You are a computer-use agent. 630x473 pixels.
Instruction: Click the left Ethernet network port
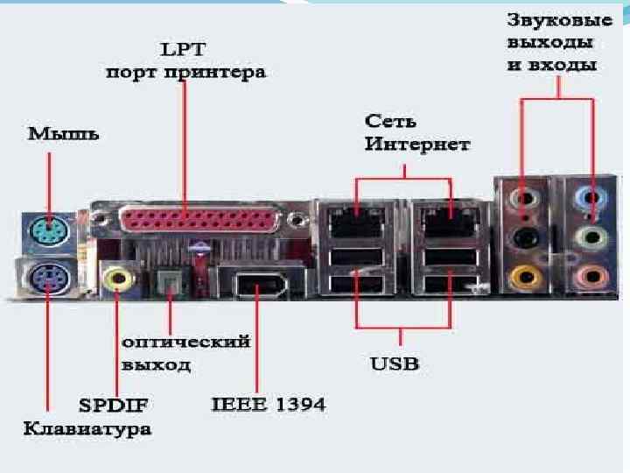[357, 218]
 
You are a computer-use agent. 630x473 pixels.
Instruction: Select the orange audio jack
[523, 279]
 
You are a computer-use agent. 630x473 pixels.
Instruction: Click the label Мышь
[63, 134]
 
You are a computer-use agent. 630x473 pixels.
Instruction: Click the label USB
[395, 363]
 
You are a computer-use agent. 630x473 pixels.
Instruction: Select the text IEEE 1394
[269, 405]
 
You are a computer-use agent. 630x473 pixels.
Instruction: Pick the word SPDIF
[114, 406]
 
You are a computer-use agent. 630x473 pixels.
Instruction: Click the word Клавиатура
[87, 429]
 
